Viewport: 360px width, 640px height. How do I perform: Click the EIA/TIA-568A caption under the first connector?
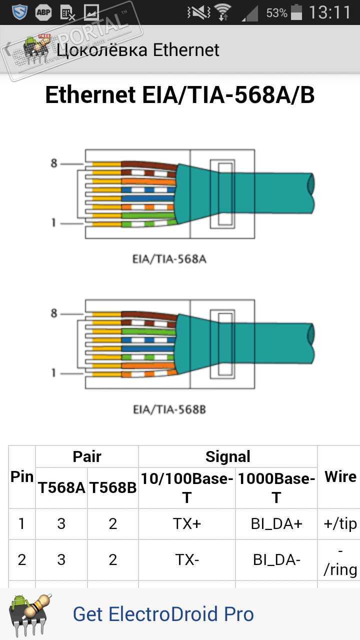169,259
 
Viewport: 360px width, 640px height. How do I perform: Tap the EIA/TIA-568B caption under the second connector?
169,409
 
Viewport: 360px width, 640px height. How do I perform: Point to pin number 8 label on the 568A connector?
54,163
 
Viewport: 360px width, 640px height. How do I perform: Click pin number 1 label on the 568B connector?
54,373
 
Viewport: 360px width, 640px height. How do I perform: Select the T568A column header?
61,488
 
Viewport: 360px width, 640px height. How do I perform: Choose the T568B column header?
113,488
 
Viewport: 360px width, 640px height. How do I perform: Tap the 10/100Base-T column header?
187,488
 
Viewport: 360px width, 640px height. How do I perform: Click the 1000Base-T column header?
276,488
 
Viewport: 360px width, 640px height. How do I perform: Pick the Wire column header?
340,477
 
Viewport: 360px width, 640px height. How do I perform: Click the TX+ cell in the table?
187,524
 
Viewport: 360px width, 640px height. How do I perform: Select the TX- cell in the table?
187,560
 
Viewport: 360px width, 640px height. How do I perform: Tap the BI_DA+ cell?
276,524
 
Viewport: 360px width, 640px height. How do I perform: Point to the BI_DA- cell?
276,560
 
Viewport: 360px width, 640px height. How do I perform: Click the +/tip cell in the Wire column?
340,524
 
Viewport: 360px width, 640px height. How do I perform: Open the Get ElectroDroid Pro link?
163,614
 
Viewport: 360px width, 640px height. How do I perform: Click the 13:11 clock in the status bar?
329,12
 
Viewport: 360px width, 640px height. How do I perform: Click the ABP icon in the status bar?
43,12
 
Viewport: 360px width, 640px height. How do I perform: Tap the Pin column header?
22,477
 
